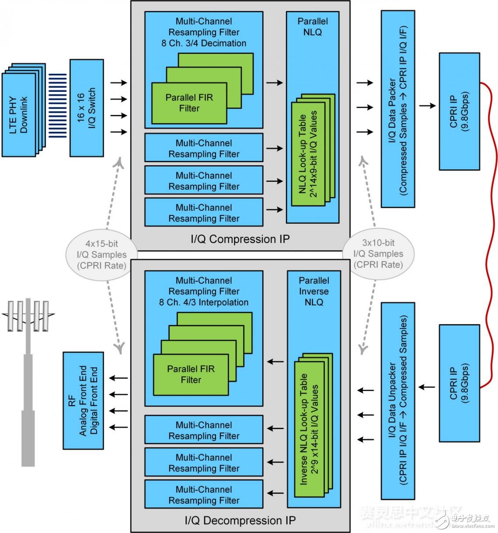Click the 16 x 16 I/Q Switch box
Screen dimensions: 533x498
point(87,108)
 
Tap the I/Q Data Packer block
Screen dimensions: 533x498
point(398,109)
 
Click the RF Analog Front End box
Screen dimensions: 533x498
point(83,400)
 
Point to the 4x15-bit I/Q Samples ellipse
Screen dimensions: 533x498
point(101,255)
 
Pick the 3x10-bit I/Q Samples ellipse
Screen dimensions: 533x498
point(378,254)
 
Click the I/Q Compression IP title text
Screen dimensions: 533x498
point(240,239)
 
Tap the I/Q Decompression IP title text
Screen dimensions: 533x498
point(240,520)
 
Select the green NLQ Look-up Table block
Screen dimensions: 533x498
point(308,153)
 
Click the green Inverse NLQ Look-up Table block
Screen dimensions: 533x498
point(309,428)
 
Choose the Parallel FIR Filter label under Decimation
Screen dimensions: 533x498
point(189,103)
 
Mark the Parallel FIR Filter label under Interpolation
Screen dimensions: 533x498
point(191,374)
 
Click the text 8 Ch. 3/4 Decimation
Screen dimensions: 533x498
point(204,43)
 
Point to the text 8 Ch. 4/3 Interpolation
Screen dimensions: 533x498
point(204,302)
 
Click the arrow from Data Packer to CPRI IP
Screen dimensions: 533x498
point(427,105)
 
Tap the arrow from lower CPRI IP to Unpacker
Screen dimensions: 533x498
point(427,387)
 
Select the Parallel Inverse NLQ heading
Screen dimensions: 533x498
point(313,291)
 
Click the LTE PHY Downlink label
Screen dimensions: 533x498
point(18,115)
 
